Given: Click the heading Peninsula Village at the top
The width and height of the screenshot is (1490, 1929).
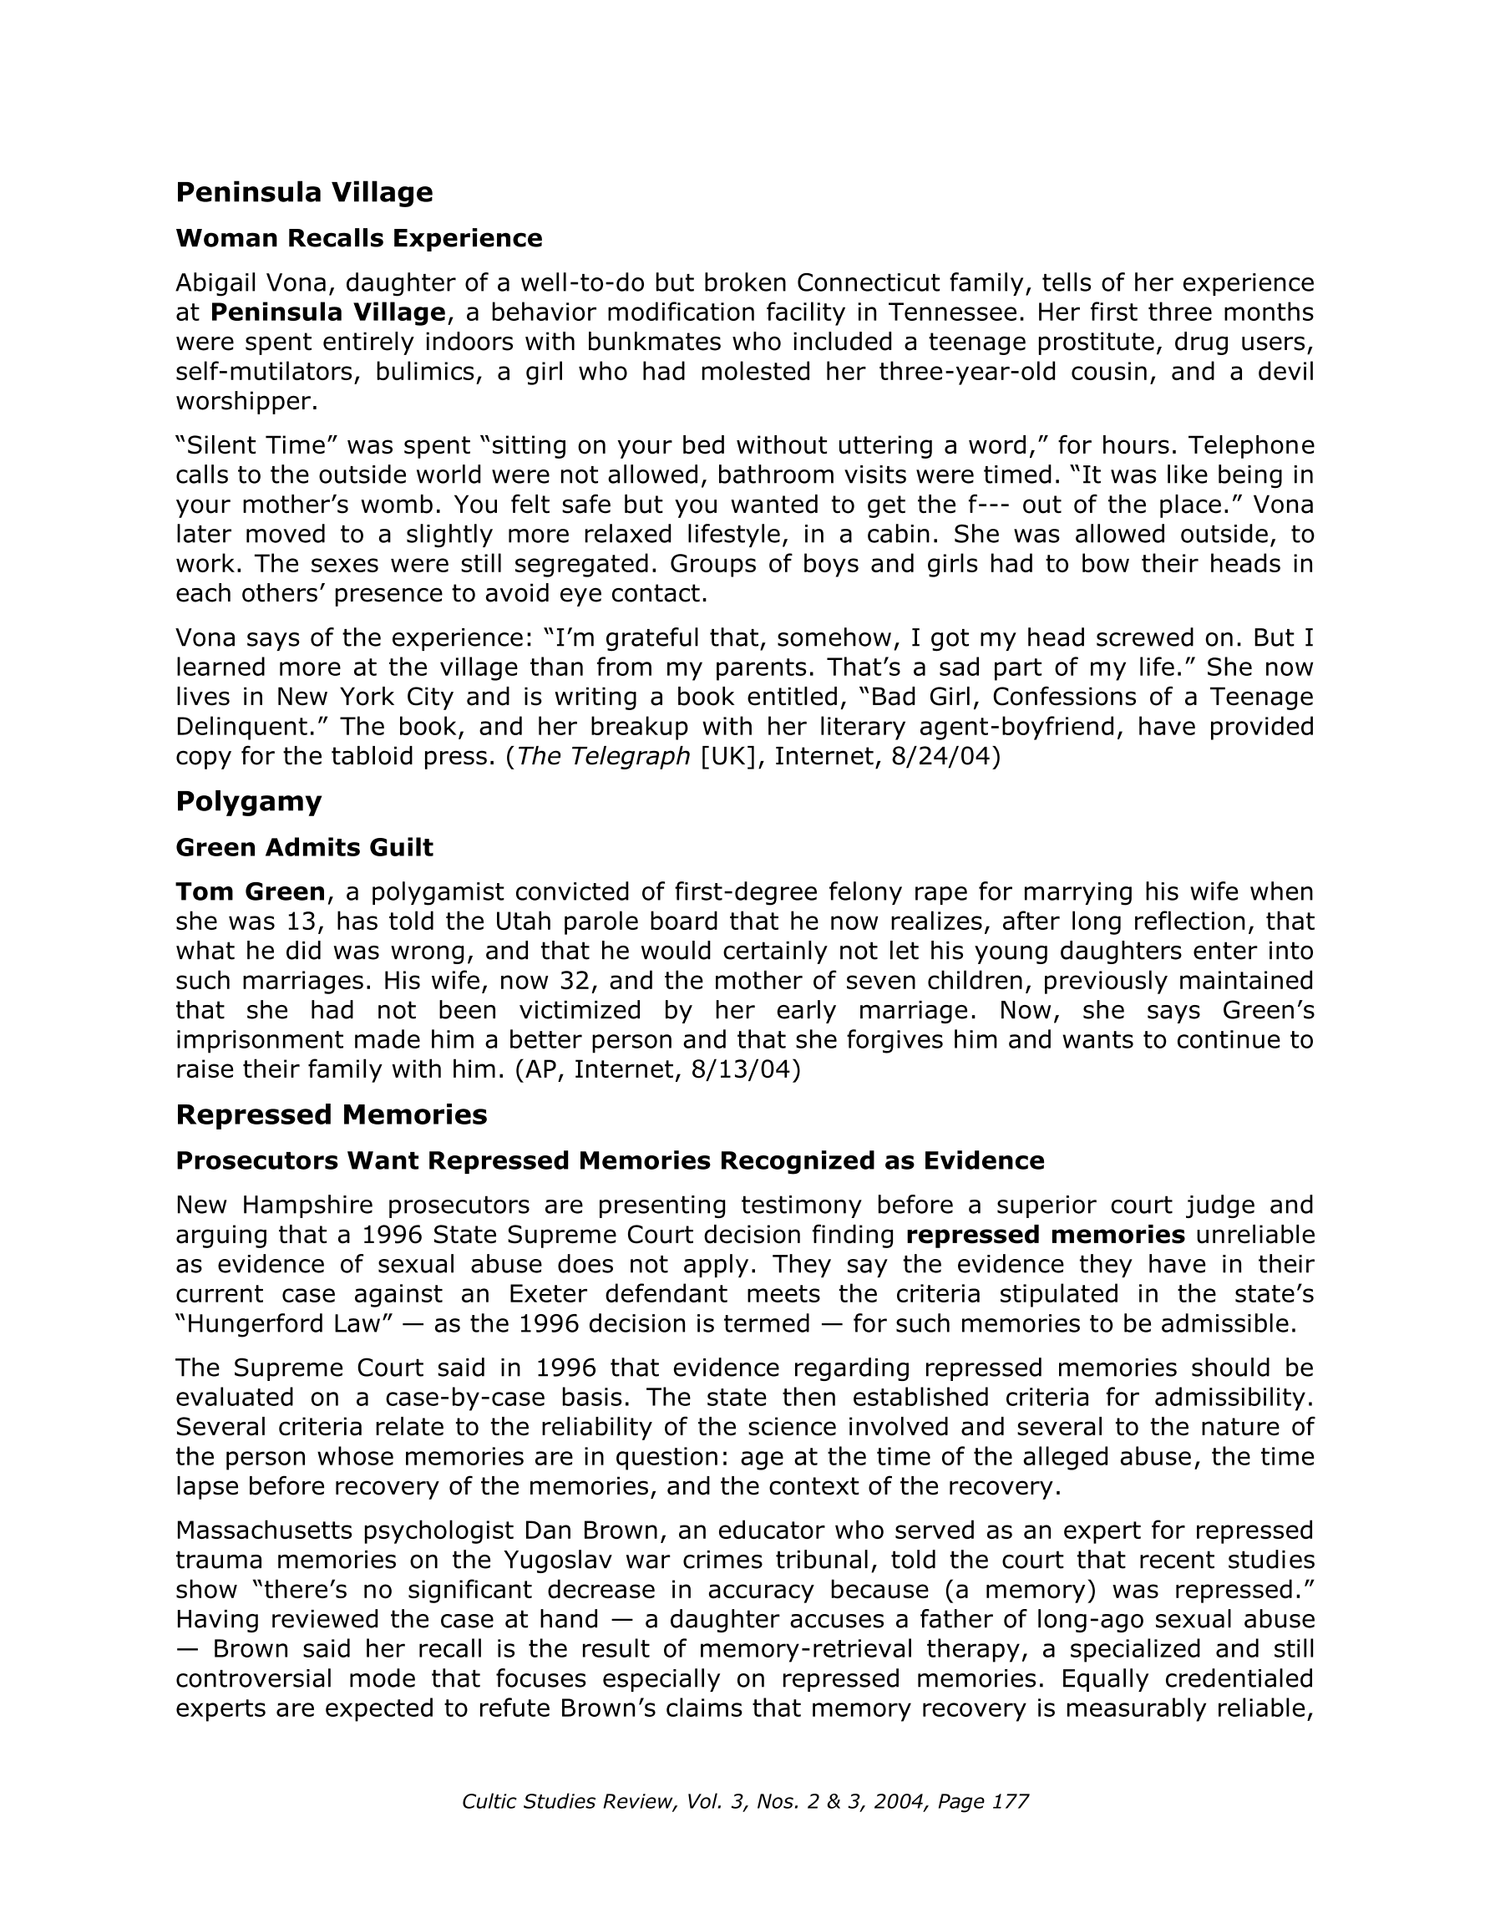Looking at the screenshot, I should (304, 191).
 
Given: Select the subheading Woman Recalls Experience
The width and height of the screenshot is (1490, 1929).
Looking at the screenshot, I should (358, 238).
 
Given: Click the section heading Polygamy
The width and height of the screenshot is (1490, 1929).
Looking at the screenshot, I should (248, 801).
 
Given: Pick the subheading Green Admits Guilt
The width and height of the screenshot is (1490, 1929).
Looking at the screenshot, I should (304, 848).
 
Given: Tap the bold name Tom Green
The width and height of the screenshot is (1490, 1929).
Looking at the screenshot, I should (250, 892).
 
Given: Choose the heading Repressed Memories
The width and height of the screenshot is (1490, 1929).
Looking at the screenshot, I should (332, 1114).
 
